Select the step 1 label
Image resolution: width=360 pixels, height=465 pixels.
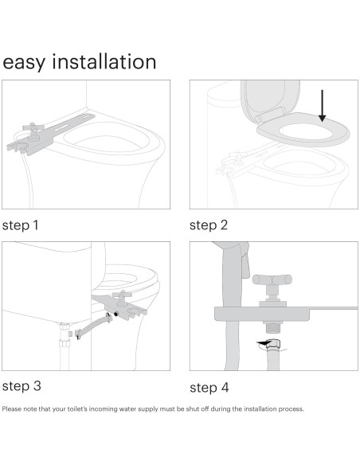(x=21, y=225)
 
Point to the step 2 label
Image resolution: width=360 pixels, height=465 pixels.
(x=208, y=225)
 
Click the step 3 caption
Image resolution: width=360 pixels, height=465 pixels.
(x=21, y=387)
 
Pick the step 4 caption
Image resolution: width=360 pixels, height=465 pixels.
(x=209, y=388)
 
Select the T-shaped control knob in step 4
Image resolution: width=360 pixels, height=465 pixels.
(x=272, y=280)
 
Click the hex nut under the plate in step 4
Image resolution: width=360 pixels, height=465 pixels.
(x=272, y=327)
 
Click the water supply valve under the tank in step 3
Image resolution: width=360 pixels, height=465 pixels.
(x=66, y=330)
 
